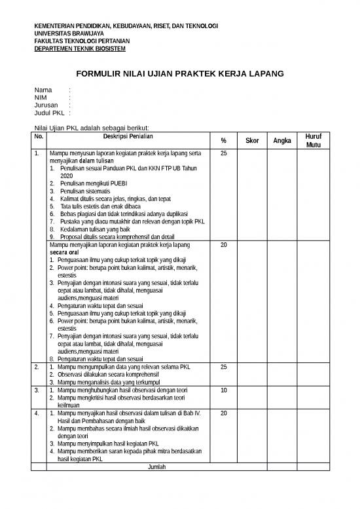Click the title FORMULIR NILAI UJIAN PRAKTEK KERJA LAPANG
tap(180, 74)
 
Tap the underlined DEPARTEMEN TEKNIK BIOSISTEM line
tap(80, 49)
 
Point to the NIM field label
tap(41, 97)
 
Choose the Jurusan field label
tap(46, 105)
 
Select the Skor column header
tap(251, 141)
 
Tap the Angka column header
tap(281, 141)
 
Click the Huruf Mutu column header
tap(314, 140)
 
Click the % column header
tap(223, 141)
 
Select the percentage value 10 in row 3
tap(223, 390)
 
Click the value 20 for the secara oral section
tap(223, 245)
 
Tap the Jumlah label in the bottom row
tap(156, 467)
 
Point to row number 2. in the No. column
tap(37, 367)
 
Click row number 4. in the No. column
tap(37, 414)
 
